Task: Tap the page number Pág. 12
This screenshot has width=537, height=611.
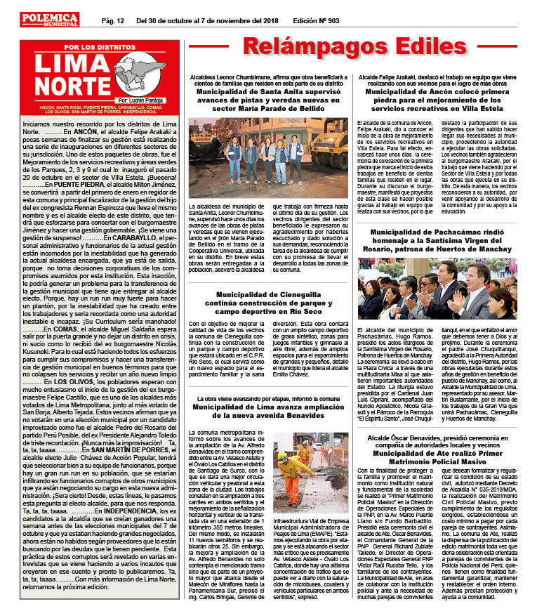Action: pyautogui.click(x=113, y=20)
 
